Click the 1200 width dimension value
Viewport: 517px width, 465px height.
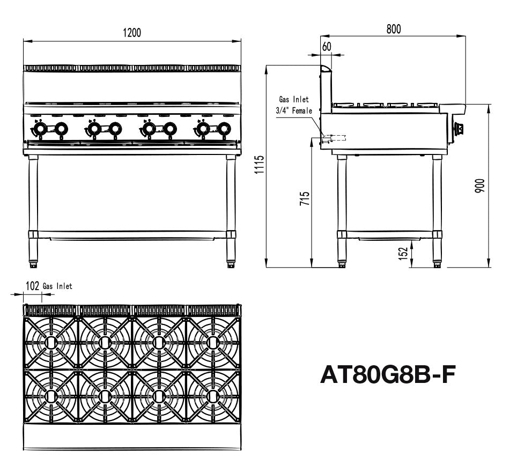(x=132, y=33)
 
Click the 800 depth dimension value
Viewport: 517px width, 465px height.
(x=393, y=29)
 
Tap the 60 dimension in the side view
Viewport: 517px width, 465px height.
(x=327, y=47)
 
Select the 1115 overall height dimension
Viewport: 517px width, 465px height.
(x=260, y=166)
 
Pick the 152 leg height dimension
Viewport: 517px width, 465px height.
(x=404, y=253)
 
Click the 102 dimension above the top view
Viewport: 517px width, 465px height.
(x=33, y=286)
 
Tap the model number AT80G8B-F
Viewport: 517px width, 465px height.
(x=388, y=375)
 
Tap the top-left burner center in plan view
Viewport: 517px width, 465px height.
(x=51, y=342)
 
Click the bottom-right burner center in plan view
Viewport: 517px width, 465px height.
(x=213, y=396)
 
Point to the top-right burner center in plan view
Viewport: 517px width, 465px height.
(x=213, y=342)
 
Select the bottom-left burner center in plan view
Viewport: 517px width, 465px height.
(x=51, y=396)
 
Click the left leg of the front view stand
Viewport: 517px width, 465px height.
(x=33, y=209)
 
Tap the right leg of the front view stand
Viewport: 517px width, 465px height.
(x=231, y=209)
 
